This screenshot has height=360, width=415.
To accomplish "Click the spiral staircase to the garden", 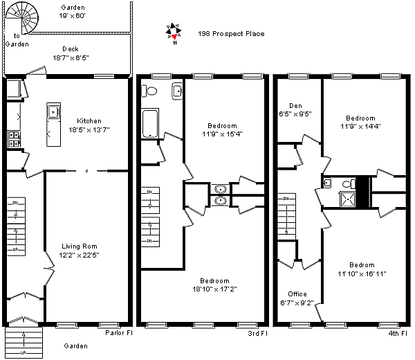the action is tap(22, 18).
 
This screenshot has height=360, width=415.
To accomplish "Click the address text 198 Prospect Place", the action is tap(231, 34).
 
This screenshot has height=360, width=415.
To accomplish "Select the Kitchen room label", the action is tap(89, 120).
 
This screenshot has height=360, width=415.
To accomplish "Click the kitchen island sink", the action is tap(53, 111).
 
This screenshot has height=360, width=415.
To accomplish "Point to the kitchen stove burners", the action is tap(14, 139).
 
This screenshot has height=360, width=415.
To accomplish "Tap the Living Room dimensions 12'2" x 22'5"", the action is tap(79, 255).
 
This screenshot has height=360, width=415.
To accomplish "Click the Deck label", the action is tap(71, 49).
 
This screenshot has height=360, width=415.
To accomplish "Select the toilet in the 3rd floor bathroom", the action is tap(149, 91).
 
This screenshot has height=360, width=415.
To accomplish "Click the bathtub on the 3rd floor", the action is tap(150, 123).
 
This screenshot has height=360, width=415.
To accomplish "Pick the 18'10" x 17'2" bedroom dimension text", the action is tap(214, 289).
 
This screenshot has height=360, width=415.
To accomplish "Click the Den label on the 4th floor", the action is tap(295, 106).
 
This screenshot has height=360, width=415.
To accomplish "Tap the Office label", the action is tap(297, 294).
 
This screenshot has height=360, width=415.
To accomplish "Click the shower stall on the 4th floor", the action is tap(347, 199).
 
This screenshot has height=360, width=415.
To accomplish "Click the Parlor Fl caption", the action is tap(119, 333).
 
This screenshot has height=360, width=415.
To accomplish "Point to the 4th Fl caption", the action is tap(398, 333).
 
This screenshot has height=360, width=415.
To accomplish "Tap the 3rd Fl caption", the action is tap(257, 333).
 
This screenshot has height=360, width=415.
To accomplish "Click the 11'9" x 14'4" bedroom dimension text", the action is tap(360, 127).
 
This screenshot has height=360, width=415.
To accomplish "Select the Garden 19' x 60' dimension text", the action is tap(72, 16).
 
